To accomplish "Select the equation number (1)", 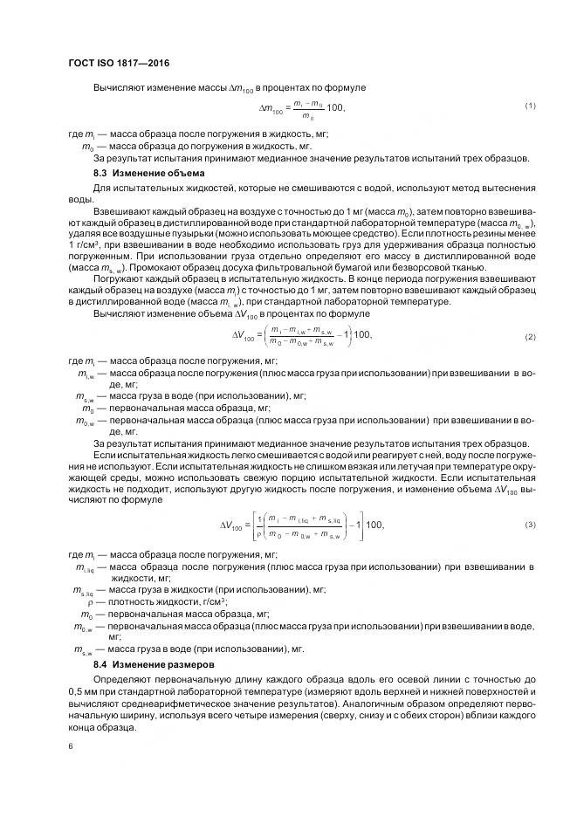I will [529, 106].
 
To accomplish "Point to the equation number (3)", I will [529, 524].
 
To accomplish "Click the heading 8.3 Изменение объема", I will [148, 173].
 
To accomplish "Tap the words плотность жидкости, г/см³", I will [167, 602].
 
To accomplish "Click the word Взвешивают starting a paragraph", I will [123, 213].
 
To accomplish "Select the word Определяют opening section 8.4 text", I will [124, 678].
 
